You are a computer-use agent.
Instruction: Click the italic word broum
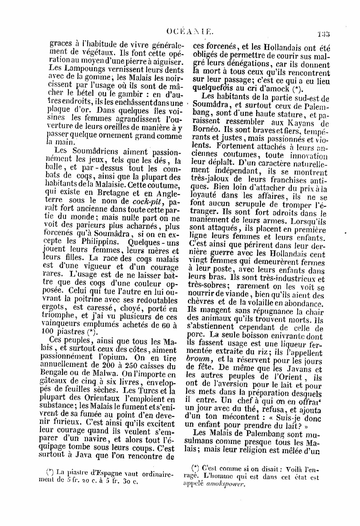pos(199,359)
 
